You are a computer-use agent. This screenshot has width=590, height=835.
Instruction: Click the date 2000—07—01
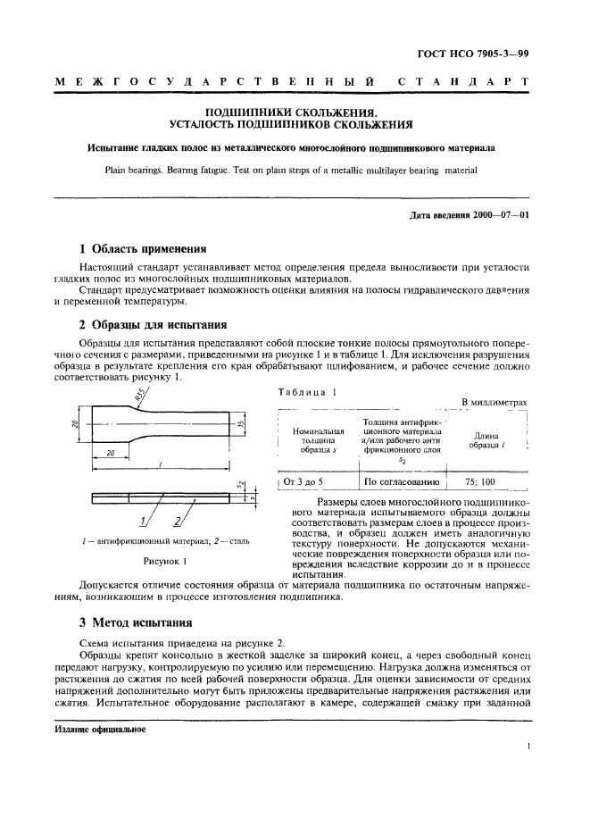(501, 214)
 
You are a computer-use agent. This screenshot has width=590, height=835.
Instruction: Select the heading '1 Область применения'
(143, 249)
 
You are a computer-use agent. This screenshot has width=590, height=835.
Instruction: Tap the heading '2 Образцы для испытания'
(151, 324)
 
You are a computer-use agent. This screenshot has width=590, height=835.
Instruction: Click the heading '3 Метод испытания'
(136, 622)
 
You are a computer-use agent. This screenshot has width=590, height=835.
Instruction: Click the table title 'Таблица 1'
(308, 392)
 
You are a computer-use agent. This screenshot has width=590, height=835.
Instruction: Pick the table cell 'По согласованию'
(403, 482)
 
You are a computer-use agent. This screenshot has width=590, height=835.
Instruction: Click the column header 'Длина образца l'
(483, 440)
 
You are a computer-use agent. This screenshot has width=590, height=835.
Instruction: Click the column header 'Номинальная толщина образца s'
(318, 440)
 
